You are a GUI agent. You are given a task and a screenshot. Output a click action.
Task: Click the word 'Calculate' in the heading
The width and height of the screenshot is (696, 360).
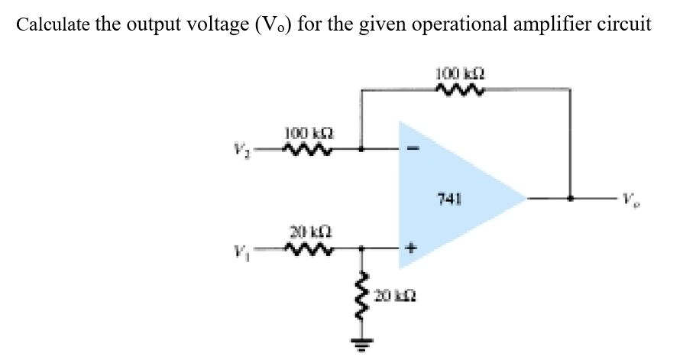coord(50,24)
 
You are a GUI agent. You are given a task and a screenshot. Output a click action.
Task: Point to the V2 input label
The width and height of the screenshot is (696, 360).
coord(254,150)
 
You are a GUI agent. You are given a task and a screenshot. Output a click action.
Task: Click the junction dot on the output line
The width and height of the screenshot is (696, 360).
coord(570,199)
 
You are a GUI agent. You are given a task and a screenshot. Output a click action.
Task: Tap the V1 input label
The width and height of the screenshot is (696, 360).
coord(254,248)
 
